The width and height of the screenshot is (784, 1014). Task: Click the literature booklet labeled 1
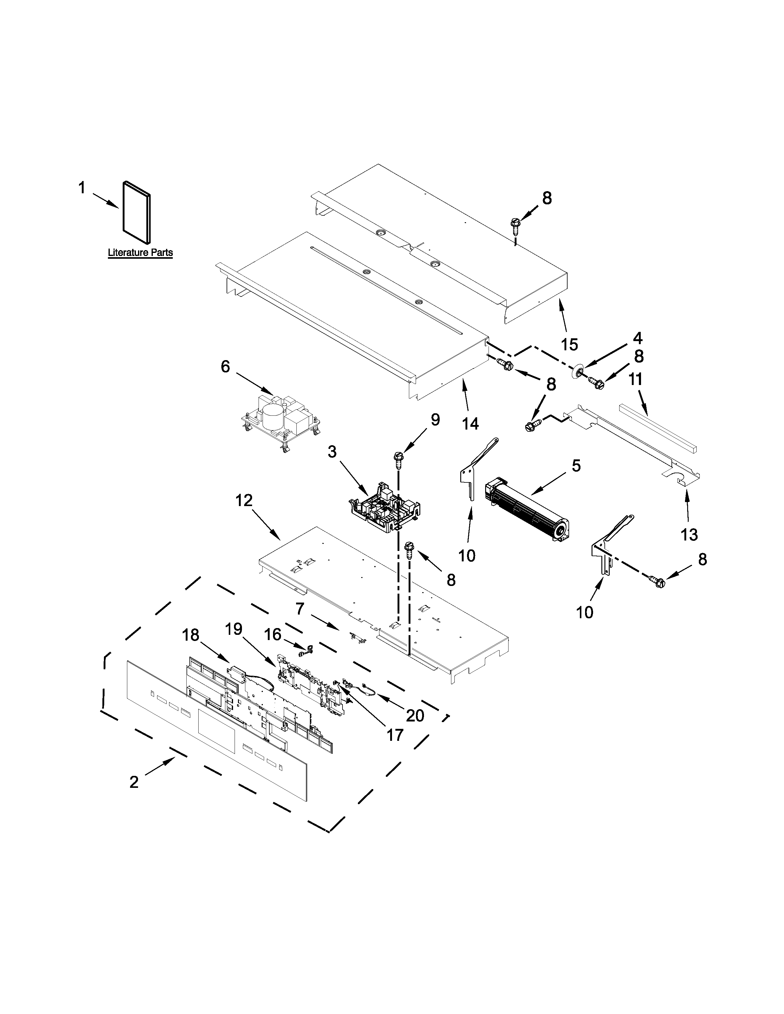click(137, 212)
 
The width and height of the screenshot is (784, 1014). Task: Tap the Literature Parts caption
click(140, 253)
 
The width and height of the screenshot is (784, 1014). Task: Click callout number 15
click(569, 344)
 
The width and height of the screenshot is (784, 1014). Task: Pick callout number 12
click(244, 500)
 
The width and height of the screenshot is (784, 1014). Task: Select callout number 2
click(134, 782)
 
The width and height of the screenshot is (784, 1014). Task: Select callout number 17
click(395, 734)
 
